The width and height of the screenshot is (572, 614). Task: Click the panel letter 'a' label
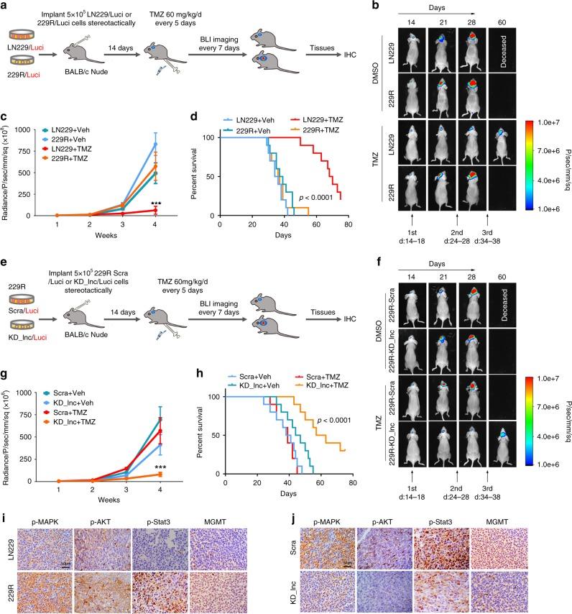click(4, 5)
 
